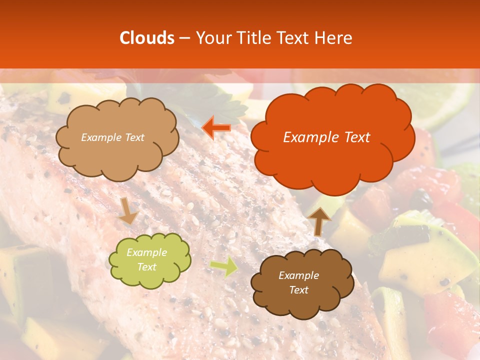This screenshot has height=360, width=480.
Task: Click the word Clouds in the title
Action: pos(147,38)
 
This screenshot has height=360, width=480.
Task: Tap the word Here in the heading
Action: pos(334,38)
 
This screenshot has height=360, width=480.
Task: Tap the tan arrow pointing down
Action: pos(128,210)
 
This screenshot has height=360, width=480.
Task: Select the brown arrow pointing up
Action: pos(319,220)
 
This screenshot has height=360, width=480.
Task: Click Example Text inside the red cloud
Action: pos(326,137)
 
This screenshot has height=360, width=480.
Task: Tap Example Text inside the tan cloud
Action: pos(112,137)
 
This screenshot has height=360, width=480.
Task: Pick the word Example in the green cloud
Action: pos(146,252)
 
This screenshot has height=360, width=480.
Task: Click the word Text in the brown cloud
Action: pos(298,290)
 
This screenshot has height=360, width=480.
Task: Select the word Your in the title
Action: pos(212,38)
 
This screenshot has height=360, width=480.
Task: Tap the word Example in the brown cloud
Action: pos(298,275)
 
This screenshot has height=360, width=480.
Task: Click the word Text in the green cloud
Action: pos(146,267)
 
